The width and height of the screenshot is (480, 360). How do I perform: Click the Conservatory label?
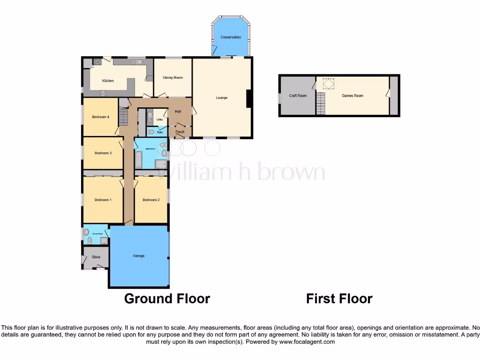(231, 37)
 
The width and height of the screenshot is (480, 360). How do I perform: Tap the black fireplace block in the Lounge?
(249, 98)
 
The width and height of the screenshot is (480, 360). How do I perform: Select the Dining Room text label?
(172, 77)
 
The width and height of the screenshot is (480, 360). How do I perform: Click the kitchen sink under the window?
(138, 61)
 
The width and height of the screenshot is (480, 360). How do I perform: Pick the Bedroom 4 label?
(100, 117)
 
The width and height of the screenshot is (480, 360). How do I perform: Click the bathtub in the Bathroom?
(139, 159)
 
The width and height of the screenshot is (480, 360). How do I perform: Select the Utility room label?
(159, 120)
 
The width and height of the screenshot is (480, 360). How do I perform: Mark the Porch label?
(180, 132)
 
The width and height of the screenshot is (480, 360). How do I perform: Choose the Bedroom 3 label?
(103, 153)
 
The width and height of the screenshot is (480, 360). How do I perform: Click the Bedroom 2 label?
(151, 200)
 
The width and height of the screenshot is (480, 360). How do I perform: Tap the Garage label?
(139, 256)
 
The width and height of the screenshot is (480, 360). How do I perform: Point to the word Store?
(96, 257)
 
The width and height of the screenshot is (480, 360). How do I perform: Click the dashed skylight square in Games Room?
(328, 84)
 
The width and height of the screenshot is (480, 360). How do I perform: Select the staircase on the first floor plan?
(321, 104)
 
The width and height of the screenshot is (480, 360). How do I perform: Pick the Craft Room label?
(298, 96)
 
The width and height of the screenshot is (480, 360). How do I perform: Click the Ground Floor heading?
(167, 299)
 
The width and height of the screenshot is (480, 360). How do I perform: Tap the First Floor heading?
(339, 299)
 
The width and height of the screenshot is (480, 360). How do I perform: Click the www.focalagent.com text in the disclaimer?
(307, 342)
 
